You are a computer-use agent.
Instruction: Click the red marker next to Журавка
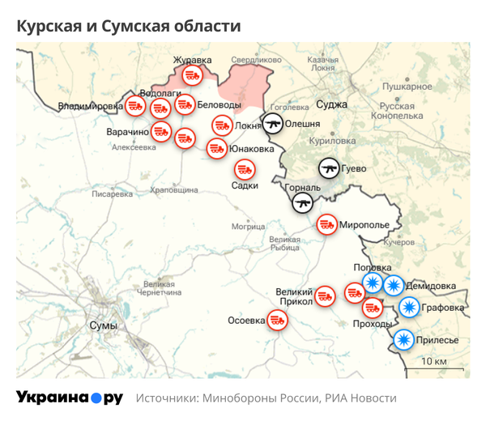point(191,75)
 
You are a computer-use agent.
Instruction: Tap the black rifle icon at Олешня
point(272,124)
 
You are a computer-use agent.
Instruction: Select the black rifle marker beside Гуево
point(328,168)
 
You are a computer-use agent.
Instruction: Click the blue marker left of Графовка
point(410,308)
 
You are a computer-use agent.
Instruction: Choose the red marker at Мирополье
point(326,223)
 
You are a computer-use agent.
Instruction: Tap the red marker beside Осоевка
point(278,320)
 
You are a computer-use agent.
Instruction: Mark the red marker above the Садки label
point(245,169)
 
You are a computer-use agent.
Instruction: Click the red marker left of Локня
point(221,125)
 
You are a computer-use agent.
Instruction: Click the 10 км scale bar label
point(435,361)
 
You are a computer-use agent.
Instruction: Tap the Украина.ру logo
point(69,398)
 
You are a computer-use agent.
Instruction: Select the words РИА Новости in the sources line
point(360,398)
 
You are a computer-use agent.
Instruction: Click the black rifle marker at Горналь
point(303,202)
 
